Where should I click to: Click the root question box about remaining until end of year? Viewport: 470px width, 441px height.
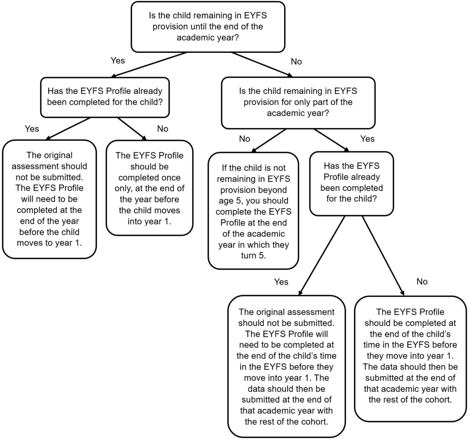(x=208, y=27)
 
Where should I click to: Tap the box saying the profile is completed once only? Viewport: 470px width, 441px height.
(x=149, y=188)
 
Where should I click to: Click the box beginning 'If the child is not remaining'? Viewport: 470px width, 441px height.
(x=253, y=211)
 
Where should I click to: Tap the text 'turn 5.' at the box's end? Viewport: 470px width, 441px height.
(x=253, y=256)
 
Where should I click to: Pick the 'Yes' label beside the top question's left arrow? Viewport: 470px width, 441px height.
(x=117, y=60)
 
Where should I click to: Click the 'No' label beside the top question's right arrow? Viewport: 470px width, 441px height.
(x=297, y=61)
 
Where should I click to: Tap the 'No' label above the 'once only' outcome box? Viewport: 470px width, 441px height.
(x=162, y=128)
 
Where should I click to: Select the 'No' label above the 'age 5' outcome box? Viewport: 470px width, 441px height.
(x=245, y=139)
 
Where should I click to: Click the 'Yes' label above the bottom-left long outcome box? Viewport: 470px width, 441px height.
(x=281, y=281)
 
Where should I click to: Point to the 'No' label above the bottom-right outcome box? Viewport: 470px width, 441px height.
(x=422, y=281)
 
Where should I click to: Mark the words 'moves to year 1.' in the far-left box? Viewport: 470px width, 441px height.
(x=50, y=242)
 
